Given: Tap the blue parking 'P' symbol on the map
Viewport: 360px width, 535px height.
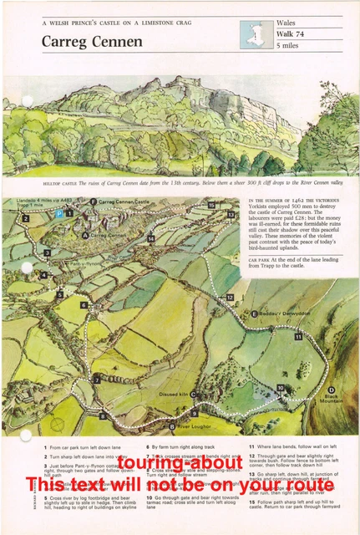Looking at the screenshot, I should (59, 214).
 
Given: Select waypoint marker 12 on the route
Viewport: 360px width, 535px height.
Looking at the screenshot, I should (230, 297).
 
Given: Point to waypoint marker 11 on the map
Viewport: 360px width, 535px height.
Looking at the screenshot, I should (298, 336).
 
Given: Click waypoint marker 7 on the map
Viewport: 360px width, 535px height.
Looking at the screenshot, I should (97, 379).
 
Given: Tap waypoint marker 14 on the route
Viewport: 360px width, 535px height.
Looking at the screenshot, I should (151, 239).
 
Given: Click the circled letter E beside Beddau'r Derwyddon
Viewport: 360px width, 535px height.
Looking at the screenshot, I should (254, 313).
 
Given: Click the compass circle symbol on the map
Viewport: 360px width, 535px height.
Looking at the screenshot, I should (57, 424).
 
